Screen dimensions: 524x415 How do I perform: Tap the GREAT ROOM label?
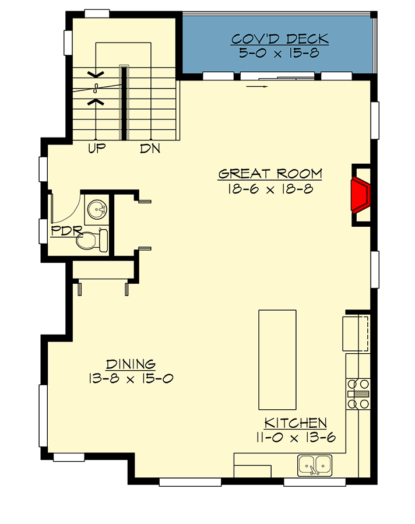270,174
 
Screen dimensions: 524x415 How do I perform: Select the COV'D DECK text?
280,40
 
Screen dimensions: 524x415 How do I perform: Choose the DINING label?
131,364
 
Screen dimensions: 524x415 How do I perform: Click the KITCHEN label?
296,423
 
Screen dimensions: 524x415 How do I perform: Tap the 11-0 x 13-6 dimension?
296,437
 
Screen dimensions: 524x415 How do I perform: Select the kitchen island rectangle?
277,360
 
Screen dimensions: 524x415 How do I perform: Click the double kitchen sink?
315,466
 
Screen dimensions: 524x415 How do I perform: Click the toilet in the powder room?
94,240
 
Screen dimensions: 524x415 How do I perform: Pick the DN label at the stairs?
150,149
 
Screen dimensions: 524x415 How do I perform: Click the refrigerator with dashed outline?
356,333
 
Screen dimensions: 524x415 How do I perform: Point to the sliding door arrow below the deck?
257,87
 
